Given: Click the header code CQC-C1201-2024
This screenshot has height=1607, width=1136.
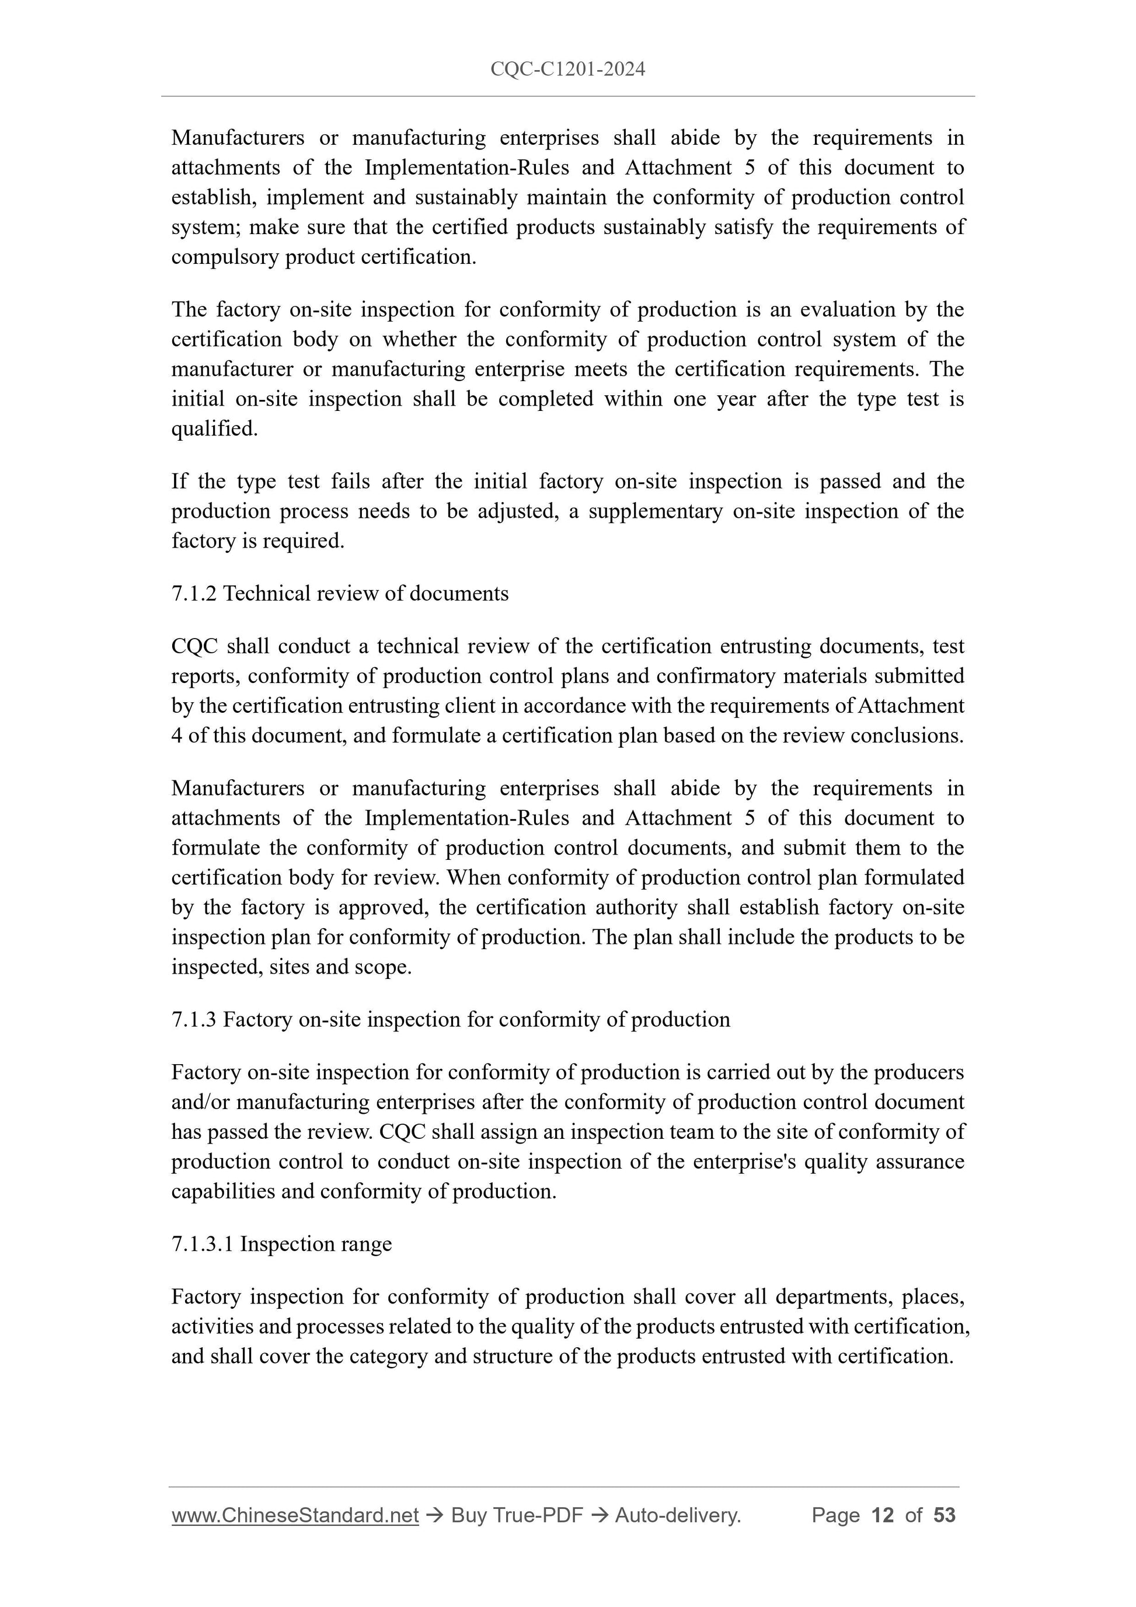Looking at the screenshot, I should coord(567,69).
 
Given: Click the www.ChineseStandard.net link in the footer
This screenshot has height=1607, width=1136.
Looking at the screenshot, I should coord(295,1515).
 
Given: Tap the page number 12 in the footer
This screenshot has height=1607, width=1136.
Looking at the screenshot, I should coord(883,1515).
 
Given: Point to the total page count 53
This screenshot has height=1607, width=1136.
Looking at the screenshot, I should coord(944,1515).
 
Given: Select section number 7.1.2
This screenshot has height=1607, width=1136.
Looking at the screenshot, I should coord(194,594).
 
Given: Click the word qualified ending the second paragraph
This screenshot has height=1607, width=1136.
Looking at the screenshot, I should coord(214,428).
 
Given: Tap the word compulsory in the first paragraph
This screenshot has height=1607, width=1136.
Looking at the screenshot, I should coord(225,257).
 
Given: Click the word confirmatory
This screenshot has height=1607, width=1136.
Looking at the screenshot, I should coord(736,675).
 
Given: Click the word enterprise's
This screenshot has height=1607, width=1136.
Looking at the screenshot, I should coord(742,1161).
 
